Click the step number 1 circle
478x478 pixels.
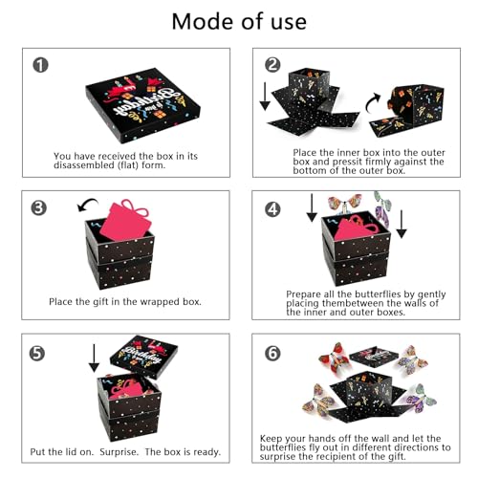(x=40, y=65)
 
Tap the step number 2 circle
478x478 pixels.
(x=272, y=65)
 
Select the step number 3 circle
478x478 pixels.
(x=38, y=207)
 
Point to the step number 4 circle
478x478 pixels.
(x=272, y=209)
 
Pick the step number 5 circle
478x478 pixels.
(x=37, y=354)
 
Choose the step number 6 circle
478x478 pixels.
(x=272, y=354)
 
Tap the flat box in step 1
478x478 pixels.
(x=142, y=105)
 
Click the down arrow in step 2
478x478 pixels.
(x=265, y=97)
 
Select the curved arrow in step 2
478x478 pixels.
(x=371, y=102)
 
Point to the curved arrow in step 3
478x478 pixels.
(x=87, y=204)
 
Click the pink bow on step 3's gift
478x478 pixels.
(x=136, y=207)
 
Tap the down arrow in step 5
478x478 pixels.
(x=94, y=358)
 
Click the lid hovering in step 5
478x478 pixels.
(x=143, y=357)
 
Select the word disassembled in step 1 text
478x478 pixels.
(x=84, y=165)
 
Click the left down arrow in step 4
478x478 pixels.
(x=312, y=207)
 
